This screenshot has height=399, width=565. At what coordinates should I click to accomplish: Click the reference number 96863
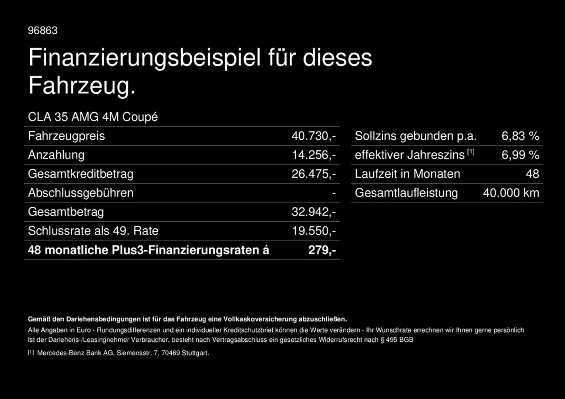coord(43,30)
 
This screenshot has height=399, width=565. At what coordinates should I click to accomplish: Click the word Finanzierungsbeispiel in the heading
coord(145,58)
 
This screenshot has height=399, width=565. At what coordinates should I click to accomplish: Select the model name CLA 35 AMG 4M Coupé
coord(93,117)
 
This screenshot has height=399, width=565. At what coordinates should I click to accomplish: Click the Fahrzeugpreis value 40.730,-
coord(313,136)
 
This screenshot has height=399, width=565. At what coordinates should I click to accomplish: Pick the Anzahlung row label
coord(56,155)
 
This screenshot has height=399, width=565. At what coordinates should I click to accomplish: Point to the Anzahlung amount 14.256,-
coord(314,155)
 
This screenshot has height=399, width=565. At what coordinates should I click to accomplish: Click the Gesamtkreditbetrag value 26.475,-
coord(313,174)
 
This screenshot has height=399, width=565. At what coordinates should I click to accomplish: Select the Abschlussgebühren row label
coord(81,193)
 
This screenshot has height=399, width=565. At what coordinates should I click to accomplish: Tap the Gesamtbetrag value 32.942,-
coord(313,212)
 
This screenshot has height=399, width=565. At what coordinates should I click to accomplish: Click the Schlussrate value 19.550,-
coord(314,231)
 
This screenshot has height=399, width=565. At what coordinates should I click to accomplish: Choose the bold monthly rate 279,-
coord(322,250)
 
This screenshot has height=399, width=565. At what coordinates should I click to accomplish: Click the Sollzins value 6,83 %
coord(520,136)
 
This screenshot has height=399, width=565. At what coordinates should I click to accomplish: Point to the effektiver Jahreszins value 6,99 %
coord(520,155)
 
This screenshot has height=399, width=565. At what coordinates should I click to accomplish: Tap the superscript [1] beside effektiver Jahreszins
coord(471,152)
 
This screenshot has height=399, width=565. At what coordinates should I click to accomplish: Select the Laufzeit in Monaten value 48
coord(532,174)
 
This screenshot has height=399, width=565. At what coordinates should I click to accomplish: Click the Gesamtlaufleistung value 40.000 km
coord(511,193)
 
